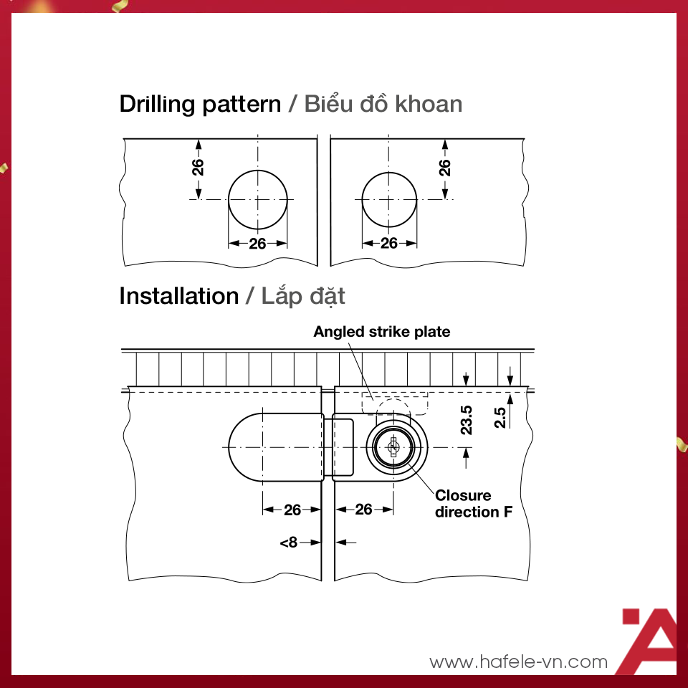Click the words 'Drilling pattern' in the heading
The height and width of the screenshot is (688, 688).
point(200,105)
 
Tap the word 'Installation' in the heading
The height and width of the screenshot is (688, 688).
point(179,296)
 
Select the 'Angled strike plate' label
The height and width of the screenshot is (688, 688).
point(382,332)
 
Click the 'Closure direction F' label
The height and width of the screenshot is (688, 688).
point(474,504)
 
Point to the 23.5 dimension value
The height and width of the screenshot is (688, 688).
point(466,421)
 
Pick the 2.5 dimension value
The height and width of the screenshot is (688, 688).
point(500,417)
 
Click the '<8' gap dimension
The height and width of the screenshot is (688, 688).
point(289,543)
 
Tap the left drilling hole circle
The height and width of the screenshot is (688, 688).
point(229,200)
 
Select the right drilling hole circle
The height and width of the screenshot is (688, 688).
point(362,200)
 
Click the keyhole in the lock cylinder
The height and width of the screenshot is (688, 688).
point(393,446)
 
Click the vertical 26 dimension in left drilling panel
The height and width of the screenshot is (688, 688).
point(198,167)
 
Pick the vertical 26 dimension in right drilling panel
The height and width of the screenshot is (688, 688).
point(445,168)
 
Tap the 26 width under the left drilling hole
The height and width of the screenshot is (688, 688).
point(257,244)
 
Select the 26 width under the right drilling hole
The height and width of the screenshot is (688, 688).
point(388,243)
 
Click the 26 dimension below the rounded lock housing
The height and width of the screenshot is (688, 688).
point(292,510)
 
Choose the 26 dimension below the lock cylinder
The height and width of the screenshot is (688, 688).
point(364,510)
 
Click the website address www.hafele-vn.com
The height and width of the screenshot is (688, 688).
point(519,661)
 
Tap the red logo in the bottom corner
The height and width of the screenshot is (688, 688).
point(649,641)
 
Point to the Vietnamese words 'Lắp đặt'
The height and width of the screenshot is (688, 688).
point(303,296)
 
